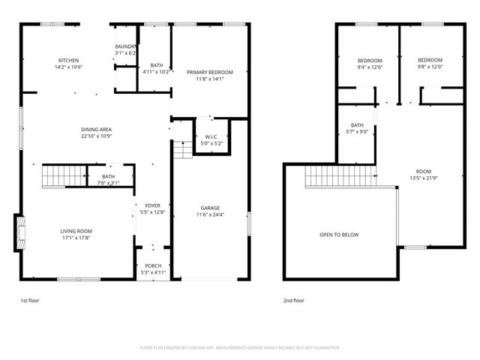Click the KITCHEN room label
pos(69,61)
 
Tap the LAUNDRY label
pos(125,46)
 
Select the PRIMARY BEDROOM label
pos(209,72)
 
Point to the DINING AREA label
pos(96,130)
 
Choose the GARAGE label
pos(209,208)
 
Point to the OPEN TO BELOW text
pos(339,235)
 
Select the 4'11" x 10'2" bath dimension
pos(156,72)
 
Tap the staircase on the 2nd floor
pos(340,177)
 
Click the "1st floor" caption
pos(29,300)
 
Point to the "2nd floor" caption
pos(293,300)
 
